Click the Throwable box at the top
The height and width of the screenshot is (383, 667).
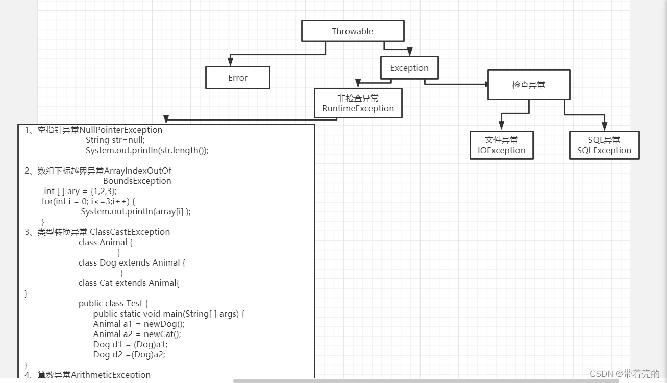pyautogui.click(x=353, y=31)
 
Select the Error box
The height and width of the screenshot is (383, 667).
pyautogui.click(x=237, y=78)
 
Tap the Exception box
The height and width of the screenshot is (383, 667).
pyautogui.click(x=409, y=68)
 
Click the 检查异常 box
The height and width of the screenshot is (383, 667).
pyautogui.click(x=528, y=85)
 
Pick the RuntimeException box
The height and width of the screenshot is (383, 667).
pyautogui.click(x=358, y=104)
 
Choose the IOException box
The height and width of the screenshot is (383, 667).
pyautogui.click(x=501, y=146)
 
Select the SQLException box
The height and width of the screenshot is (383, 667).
pyautogui.click(x=604, y=146)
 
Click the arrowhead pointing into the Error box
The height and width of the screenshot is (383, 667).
pyautogui.click(x=230, y=62)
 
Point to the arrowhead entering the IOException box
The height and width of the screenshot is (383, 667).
pyautogui.click(x=502, y=126)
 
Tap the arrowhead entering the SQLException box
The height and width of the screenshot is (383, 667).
pyautogui.click(x=604, y=126)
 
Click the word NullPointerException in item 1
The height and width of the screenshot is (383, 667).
pyautogui.click(x=121, y=130)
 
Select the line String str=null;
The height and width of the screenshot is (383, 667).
pyautogui.click(x=115, y=140)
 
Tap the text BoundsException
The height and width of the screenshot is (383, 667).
pyautogui.click(x=137, y=181)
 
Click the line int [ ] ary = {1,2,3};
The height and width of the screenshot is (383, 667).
pyautogui.click(x=80, y=191)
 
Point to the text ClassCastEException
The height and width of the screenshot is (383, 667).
pyautogui.click(x=130, y=232)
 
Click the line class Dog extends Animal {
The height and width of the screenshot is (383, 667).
pyautogui.click(x=132, y=262)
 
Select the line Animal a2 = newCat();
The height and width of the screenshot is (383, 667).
pyautogui.click(x=137, y=334)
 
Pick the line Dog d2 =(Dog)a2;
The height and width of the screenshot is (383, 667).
pyautogui.click(x=129, y=354)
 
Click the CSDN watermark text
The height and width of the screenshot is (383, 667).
pyautogui.click(x=625, y=374)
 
